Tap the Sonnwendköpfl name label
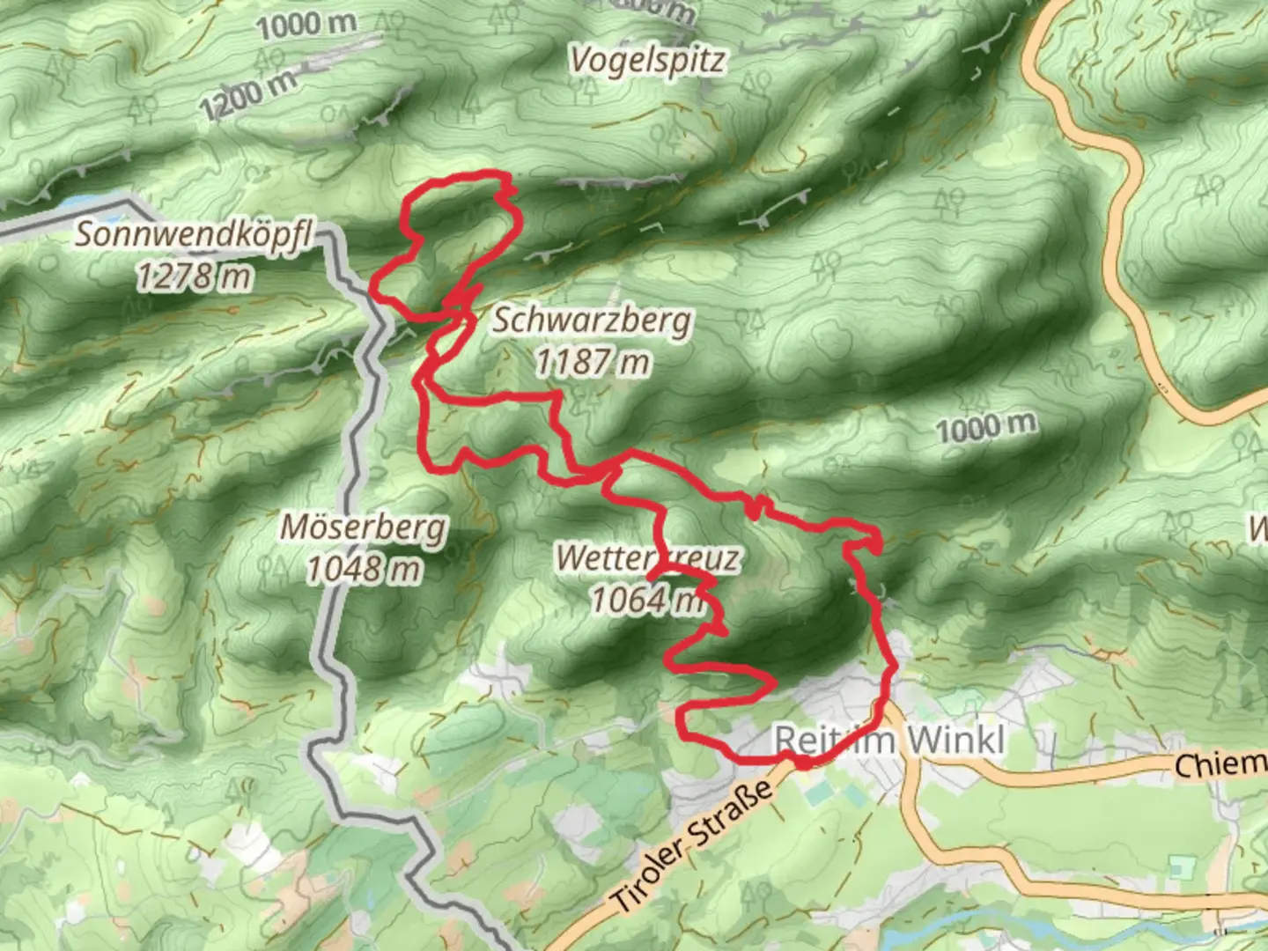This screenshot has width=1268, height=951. [x=194, y=235]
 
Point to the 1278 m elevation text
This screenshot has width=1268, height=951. [x=194, y=277]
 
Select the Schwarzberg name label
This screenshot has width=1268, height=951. [x=592, y=321]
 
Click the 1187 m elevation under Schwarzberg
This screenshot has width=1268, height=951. [x=593, y=361]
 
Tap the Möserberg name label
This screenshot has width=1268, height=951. [x=364, y=528]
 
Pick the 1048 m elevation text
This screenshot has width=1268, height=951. [x=364, y=570]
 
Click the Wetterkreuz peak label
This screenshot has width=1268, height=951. [x=647, y=558]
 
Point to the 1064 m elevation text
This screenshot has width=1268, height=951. [x=647, y=601]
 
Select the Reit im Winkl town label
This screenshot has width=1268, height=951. [x=889, y=741]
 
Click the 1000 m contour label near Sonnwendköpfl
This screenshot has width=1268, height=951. [x=306, y=26]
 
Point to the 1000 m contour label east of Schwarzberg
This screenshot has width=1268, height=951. [x=985, y=429]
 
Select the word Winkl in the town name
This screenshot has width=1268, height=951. [x=955, y=741]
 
